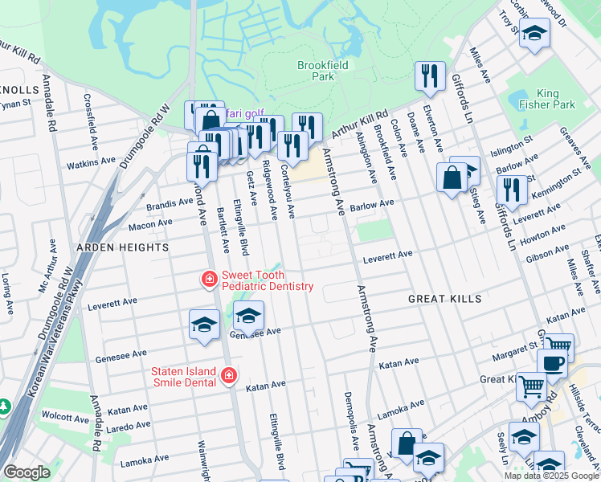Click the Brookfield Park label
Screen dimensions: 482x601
[315, 71]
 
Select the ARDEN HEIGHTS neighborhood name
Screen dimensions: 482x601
[122, 247]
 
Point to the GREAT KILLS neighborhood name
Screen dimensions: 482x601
[444, 299]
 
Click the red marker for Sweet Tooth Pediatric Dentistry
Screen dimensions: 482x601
[209, 280]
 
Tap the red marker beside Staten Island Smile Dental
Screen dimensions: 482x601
[229, 376]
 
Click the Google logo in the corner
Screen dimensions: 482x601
[26, 472]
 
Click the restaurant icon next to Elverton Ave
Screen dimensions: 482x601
[430, 76]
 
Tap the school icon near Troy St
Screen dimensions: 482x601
[534, 34]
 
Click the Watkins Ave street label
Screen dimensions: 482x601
[91, 163]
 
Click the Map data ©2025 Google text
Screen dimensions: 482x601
[550, 475]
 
